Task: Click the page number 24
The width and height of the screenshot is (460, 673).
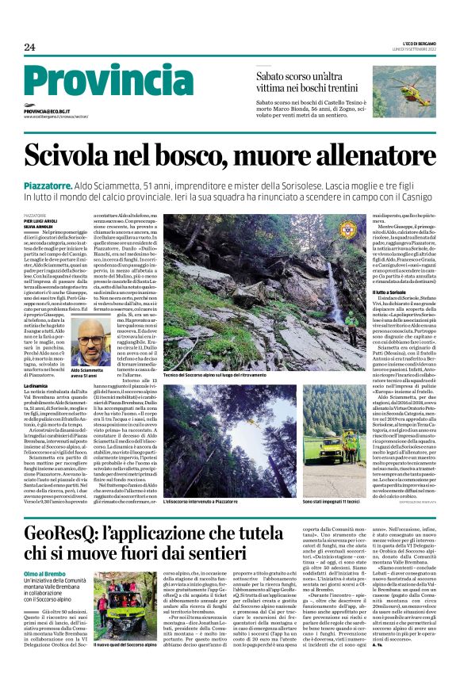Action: (x=29, y=48)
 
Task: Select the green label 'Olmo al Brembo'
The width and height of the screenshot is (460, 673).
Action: (x=43, y=573)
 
